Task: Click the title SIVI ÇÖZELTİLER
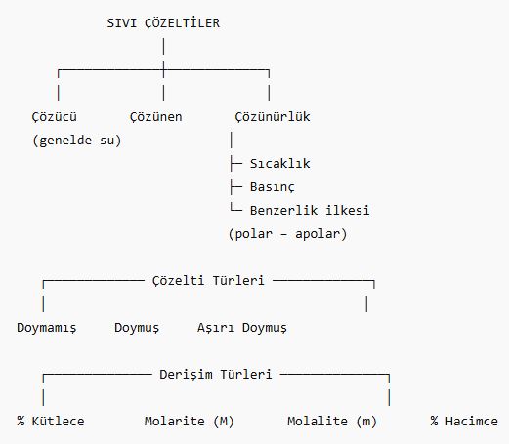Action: [x=163, y=22]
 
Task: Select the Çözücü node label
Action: [x=55, y=117]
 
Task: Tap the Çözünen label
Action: [x=156, y=117]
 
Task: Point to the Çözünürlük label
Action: [x=273, y=117]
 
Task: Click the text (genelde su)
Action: [x=77, y=141]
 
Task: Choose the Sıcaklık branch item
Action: [x=279, y=163]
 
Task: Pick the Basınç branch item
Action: [x=273, y=187]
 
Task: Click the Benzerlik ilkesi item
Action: [x=310, y=210]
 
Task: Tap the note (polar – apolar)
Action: [x=287, y=234]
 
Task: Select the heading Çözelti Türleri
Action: [x=208, y=280]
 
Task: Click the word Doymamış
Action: [x=47, y=328]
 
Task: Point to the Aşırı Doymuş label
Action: [x=242, y=328]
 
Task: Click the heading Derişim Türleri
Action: [x=216, y=375]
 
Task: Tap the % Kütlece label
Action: [x=51, y=422]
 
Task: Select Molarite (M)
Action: [x=190, y=422]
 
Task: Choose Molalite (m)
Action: [x=332, y=422]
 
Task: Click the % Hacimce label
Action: [x=464, y=422]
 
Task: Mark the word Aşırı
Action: [x=216, y=328]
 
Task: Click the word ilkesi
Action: [x=348, y=210]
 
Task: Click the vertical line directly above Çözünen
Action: [x=163, y=93]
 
